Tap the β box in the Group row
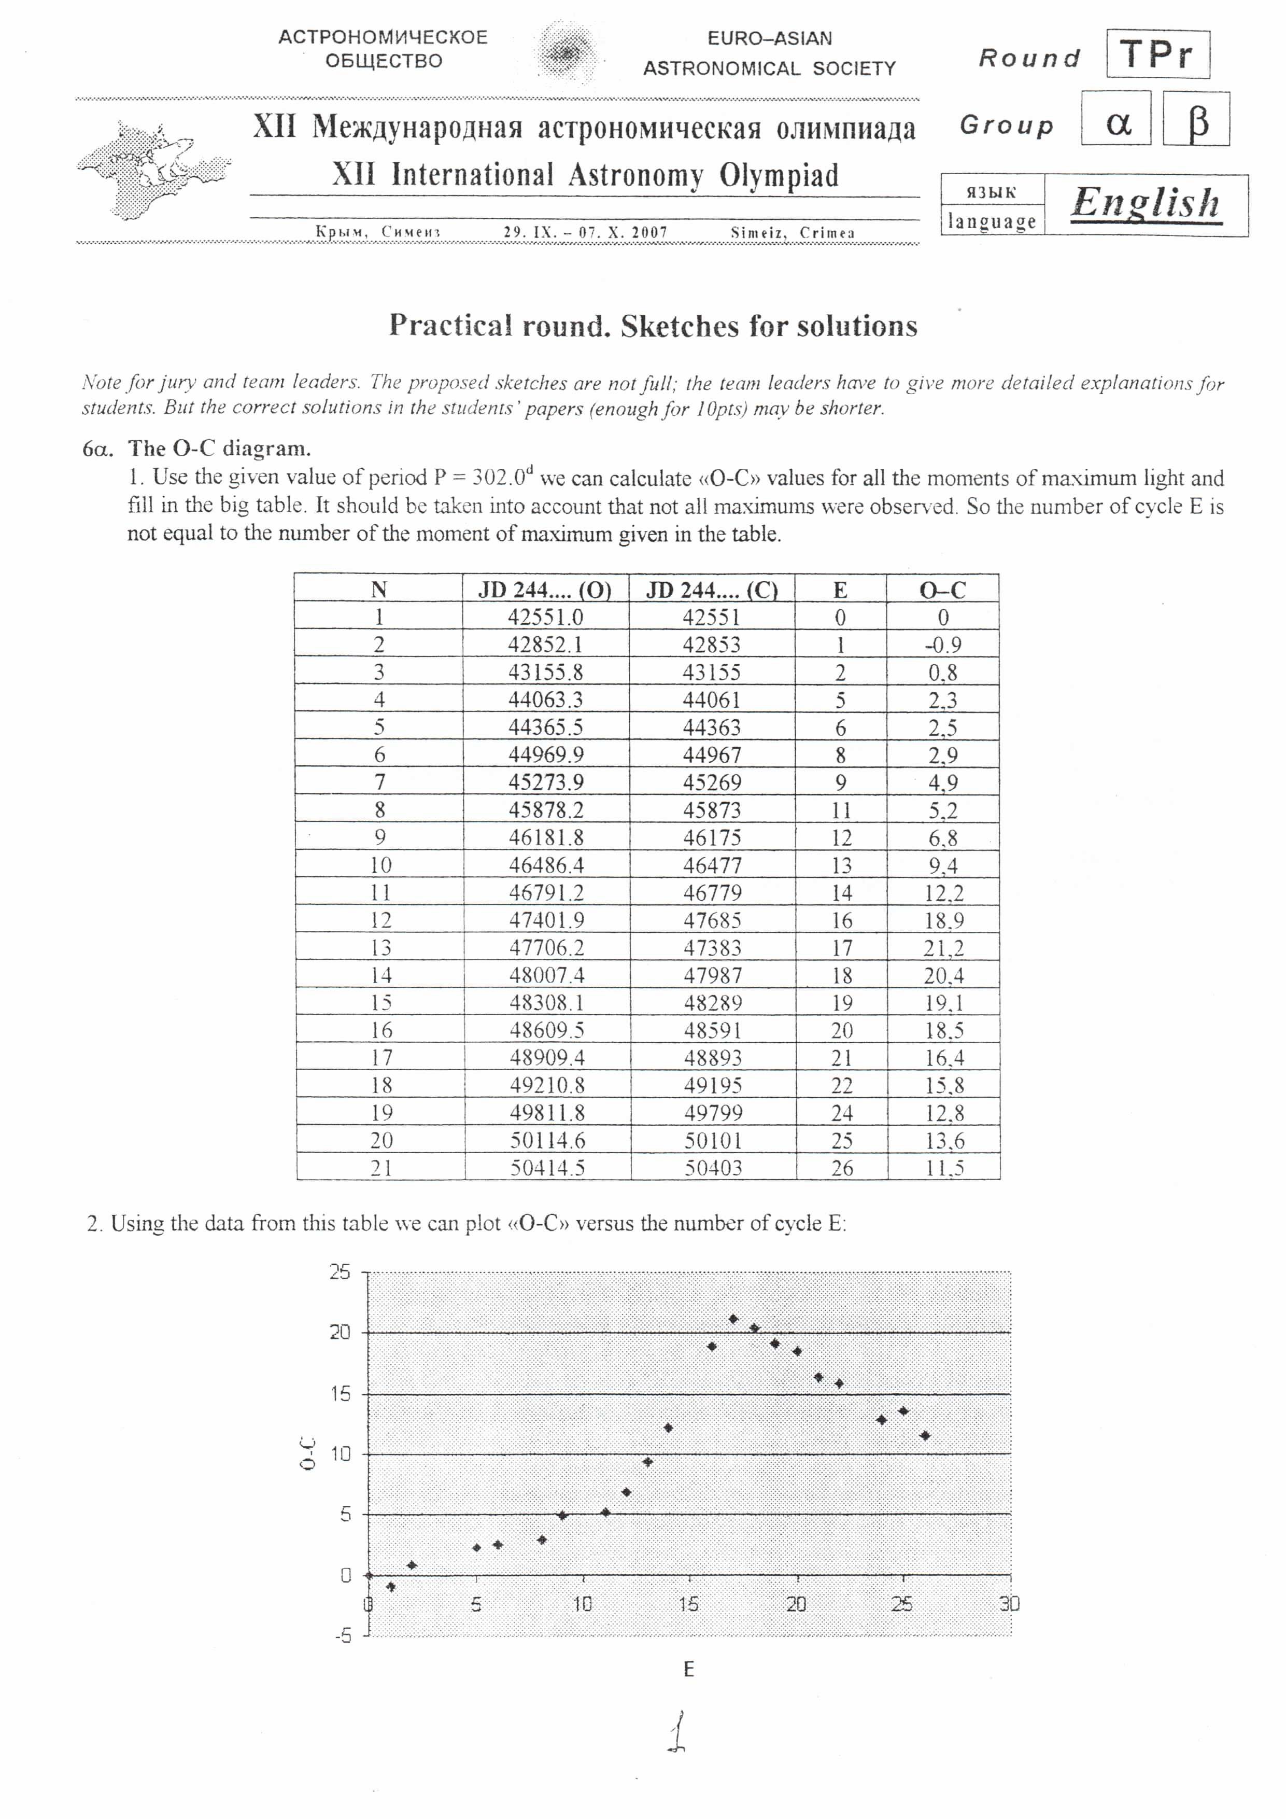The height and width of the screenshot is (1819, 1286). (x=1196, y=120)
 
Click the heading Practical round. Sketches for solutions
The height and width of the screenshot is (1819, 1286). (x=653, y=326)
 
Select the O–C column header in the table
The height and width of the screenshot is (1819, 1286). (x=942, y=590)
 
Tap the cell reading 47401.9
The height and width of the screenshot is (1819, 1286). (x=546, y=920)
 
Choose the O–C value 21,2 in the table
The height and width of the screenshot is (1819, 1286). (x=944, y=947)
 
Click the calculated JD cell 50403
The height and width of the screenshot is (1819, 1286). (x=713, y=1168)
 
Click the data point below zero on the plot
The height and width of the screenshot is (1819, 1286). (x=390, y=1587)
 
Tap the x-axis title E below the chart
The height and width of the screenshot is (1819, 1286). (x=688, y=1669)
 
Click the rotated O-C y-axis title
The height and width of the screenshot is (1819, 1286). (x=308, y=1454)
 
